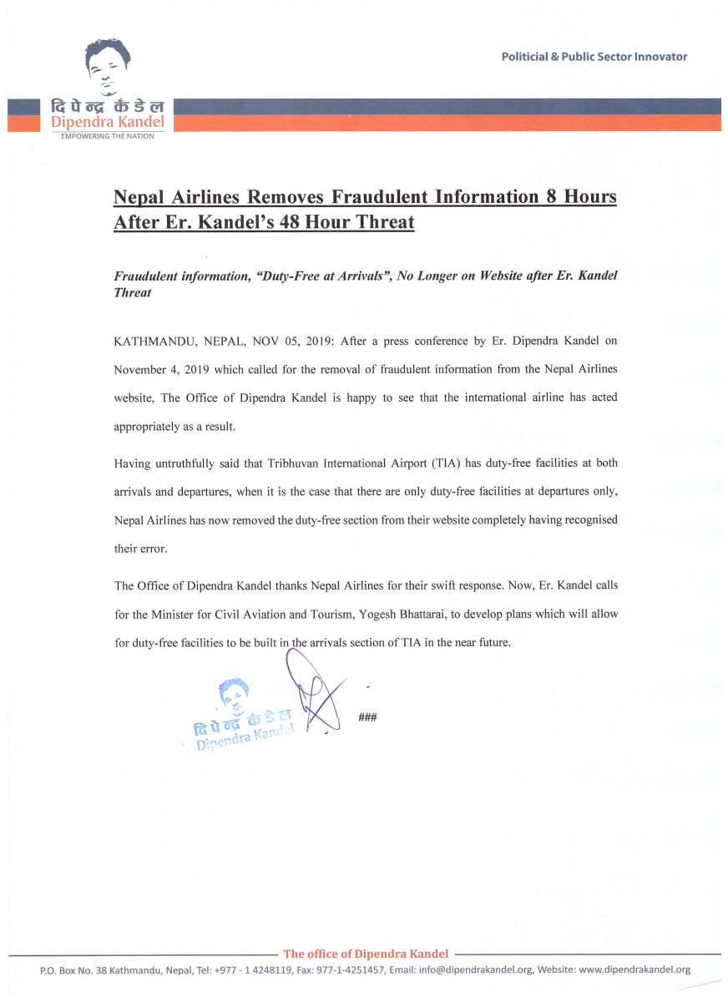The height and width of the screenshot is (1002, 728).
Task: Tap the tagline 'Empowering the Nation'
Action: coord(108,136)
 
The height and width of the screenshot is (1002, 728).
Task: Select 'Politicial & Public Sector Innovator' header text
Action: coord(594,57)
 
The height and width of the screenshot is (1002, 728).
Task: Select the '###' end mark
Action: coord(367,718)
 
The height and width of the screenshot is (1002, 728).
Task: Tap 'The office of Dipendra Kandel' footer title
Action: coord(366,954)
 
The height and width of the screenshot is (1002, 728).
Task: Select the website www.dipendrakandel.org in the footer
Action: coord(634,970)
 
